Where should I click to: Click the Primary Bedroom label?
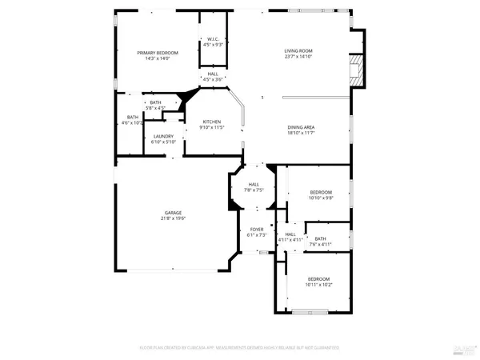pos(157,53)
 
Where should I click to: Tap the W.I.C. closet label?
pos(213,38)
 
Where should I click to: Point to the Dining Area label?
pos(301,127)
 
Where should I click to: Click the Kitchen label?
pos(211,122)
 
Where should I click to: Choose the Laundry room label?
pos(163,137)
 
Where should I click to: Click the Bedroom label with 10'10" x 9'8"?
pos(320,193)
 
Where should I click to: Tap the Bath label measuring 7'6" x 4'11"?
pos(320,238)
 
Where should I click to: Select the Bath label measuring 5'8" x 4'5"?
pos(154,102)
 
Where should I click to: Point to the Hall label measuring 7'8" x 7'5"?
pos(254,185)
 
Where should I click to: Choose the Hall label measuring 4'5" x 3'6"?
pos(213,74)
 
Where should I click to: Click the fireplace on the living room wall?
pos(357,70)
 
